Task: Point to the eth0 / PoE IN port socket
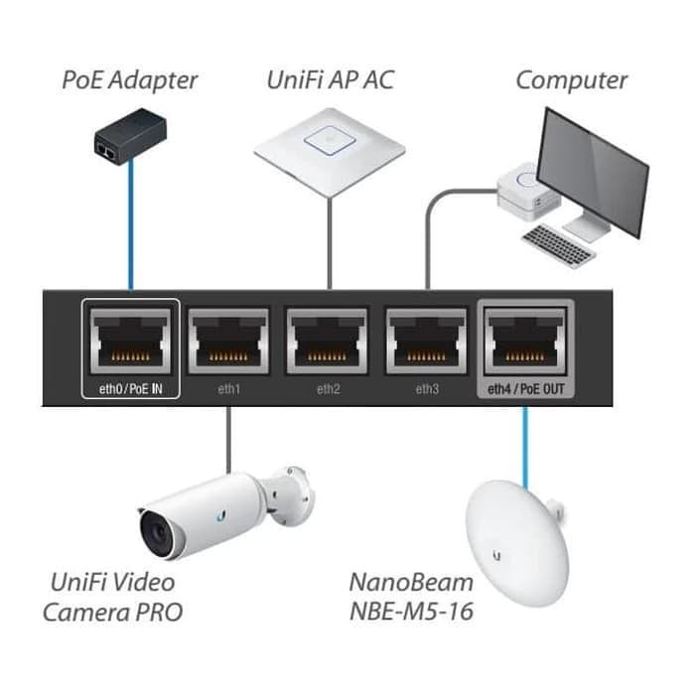pos(130,342)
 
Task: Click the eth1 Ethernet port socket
pos(228,342)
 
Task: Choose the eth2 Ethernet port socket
pos(328,342)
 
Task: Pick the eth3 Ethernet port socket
pos(427,342)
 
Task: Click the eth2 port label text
pos(328,388)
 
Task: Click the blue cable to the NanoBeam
pos(525,437)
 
